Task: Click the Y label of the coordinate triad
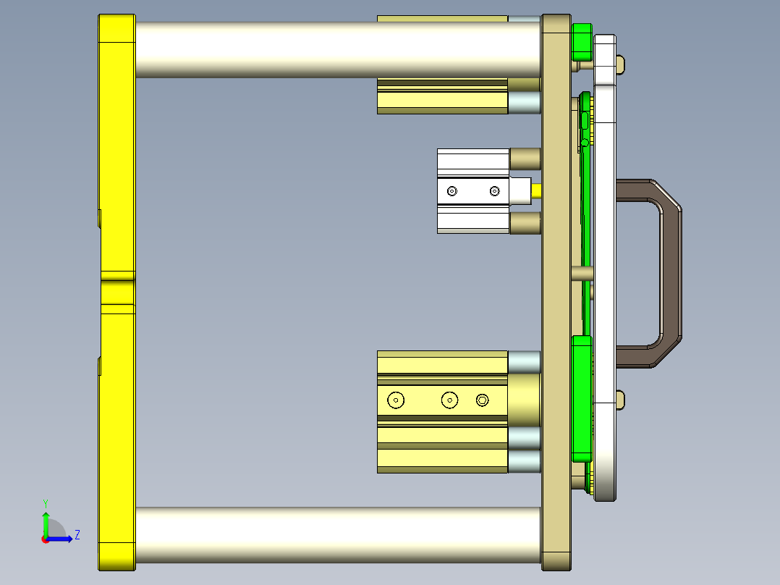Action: pos(45,502)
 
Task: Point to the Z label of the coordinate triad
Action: pos(77,535)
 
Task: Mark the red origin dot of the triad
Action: pos(45,539)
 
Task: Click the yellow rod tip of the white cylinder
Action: pos(537,191)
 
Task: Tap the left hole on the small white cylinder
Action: pos(452,191)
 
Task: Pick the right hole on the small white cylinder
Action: pos(494,191)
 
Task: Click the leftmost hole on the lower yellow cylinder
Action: pos(396,400)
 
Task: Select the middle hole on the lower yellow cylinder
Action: pos(450,400)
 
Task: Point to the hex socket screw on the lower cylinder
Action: pos(483,400)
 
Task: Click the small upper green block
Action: pos(581,42)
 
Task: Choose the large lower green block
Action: pos(581,398)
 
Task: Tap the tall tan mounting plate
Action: pos(556,290)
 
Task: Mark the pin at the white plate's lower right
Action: pos(620,398)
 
